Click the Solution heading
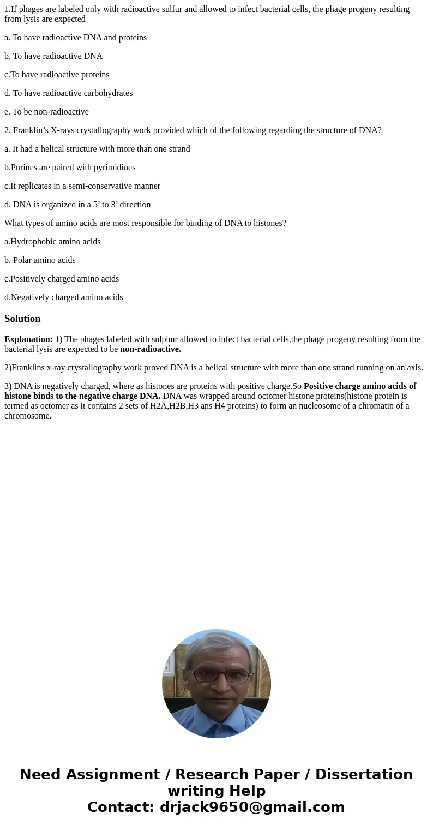pyautogui.click(x=22, y=319)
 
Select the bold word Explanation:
pyautogui.click(x=28, y=339)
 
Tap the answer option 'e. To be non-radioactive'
pyautogui.click(x=46, y=112)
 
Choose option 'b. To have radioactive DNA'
pyautogui.click(x=53, y=56)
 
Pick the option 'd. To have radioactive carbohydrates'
pyautogui.click(x=68, y=93)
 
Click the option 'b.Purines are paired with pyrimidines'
pyautogui.click(x=70, y=168)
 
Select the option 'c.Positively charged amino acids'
pyautogui.click(x=62, y=279)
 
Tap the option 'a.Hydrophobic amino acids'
pyautogui.click(x=52, y=242)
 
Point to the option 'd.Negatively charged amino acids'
pyautogui.click(x=63, y=297)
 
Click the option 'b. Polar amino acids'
pyautogui.click(x=40, y=260)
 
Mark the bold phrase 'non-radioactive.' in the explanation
pyautogui.click(x=151, y=349)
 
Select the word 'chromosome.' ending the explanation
pyautogui.click(x=28, y=416)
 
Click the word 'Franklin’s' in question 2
pyautogui.click(x=31, y=130)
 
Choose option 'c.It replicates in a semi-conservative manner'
pyautogui.click(x=82, y=186)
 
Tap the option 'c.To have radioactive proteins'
pyautogui.click(x=57, y=75)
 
